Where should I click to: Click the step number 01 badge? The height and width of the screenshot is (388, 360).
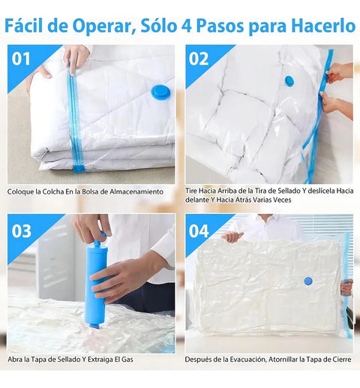(20, 59)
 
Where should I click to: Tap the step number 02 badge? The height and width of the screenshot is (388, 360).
(198, 59)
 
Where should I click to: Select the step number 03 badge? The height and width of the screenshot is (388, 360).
(20, 230)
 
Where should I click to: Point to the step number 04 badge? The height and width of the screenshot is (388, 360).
(198, 230)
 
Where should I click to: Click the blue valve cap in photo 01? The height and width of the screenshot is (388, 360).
(160, 92)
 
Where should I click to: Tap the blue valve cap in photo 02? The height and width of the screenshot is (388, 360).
(289, 80)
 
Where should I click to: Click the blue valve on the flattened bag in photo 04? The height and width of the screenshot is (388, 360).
(307, 281)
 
